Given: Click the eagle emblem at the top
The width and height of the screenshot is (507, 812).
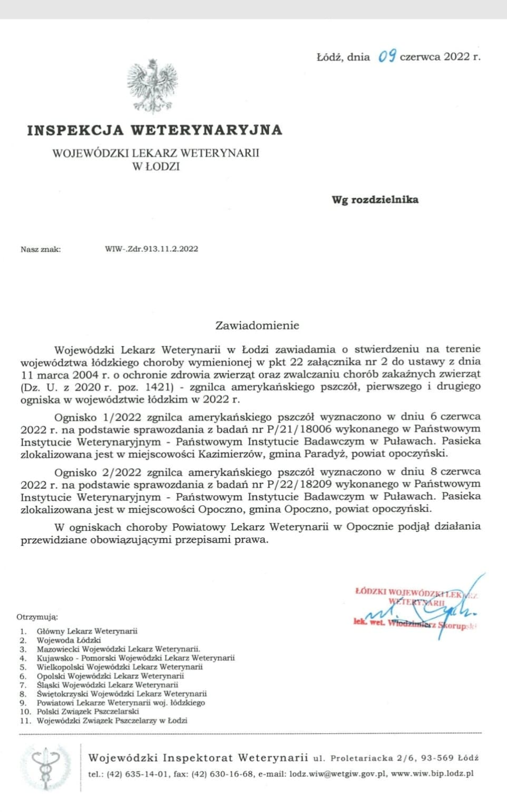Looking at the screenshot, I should (152, 86).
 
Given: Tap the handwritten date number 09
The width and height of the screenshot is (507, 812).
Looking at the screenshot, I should (387, 56).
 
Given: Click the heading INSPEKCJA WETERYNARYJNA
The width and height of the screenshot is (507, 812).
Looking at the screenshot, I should (155, 130).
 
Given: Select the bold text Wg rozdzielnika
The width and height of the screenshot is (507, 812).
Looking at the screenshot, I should (375, 200).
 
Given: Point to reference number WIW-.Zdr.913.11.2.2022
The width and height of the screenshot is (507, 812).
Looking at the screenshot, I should (152, 249).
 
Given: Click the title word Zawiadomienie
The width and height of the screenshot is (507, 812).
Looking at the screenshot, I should (257, 326).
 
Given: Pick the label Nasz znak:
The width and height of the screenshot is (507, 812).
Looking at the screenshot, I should (41, 250).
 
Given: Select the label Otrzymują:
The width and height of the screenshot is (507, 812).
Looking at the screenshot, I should (37, 617).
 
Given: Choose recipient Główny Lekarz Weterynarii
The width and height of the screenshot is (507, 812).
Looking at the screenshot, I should (87, 631).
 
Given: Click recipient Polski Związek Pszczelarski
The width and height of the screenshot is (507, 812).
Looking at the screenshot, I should (88, 712).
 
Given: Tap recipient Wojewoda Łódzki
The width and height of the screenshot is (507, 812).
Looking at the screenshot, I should (69, 640).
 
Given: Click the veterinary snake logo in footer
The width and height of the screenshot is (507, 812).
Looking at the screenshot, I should (46, 768).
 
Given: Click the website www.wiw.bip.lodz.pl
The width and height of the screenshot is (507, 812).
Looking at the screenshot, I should (432, 774).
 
